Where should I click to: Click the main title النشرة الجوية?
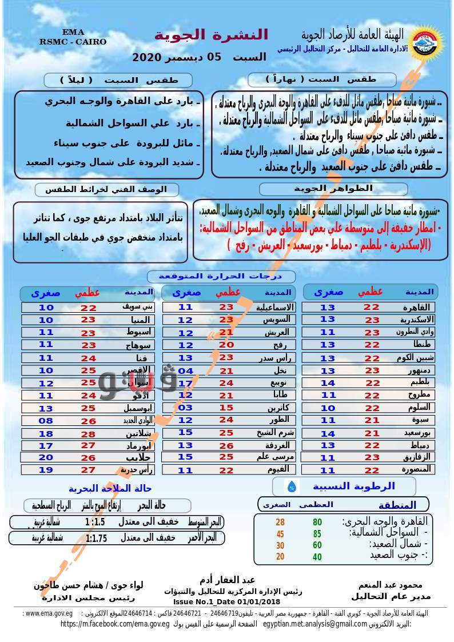coord(211,34)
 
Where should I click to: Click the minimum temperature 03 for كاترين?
coord(186,408)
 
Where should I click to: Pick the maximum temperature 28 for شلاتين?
coord(88,434)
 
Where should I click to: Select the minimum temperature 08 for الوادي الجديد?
coord(46,421)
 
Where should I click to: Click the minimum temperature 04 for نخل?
coord(186,370)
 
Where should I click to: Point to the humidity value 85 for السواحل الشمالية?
coord(317,534)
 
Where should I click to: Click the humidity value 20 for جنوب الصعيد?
coord(280,557)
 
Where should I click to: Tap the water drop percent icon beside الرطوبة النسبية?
coord(292,487)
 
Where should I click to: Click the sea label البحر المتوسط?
coord(204,522)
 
